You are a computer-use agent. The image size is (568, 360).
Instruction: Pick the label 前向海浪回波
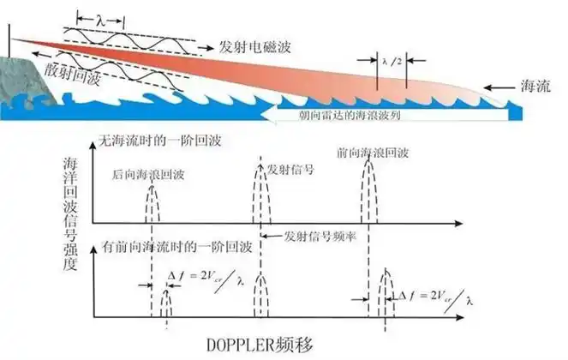pyautogui.click(x=373, y=153)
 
